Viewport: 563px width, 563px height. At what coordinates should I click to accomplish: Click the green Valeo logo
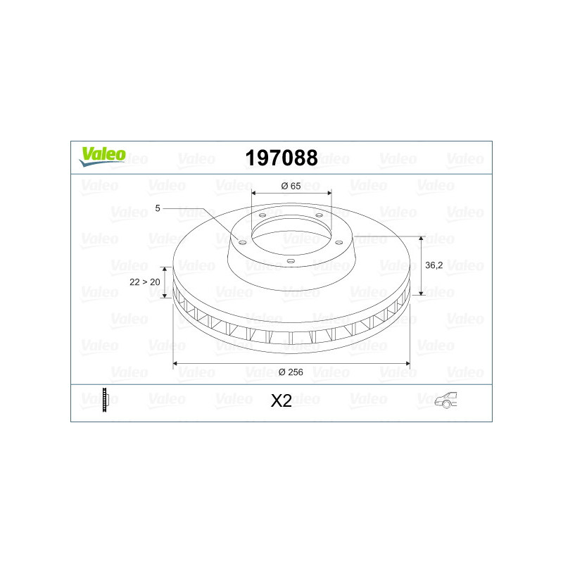(102, 156)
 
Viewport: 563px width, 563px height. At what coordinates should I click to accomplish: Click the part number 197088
(281, 158)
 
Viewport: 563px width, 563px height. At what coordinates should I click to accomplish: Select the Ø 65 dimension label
(291, 186)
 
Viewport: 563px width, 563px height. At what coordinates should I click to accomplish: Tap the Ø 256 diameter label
(291, 372)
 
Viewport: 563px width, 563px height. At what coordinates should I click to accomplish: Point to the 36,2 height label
(434, 265)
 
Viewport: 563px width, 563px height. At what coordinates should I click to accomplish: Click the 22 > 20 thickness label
(145, 282)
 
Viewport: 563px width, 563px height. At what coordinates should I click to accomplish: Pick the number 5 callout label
(158, 208)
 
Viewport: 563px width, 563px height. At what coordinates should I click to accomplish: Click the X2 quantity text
(281, 401)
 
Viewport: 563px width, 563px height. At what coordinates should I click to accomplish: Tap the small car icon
(445, 400)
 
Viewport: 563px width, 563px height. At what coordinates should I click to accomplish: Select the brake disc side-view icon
(105, 400)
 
